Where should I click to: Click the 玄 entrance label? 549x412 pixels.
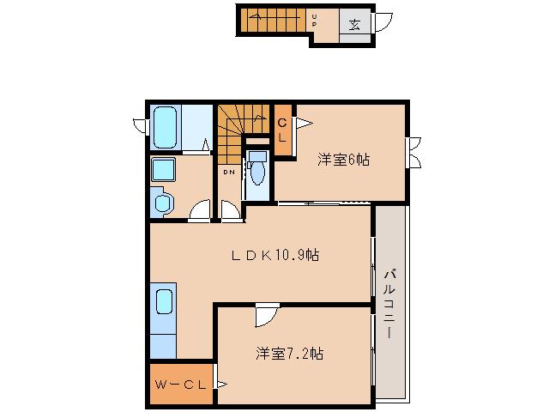(354, 23)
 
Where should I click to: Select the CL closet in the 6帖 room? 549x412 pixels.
(282, 130)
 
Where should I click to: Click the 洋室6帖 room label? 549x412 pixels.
(343, 159)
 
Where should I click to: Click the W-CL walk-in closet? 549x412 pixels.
(181, 384)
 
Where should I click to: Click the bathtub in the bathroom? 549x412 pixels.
(166, 127)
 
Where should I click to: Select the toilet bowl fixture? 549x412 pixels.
(257, 168)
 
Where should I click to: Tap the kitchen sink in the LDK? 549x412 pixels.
(165, 304)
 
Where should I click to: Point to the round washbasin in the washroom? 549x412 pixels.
(163, 203)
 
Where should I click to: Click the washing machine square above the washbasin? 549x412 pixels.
(163, 169)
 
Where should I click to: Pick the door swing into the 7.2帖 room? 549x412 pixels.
(266, 316)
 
